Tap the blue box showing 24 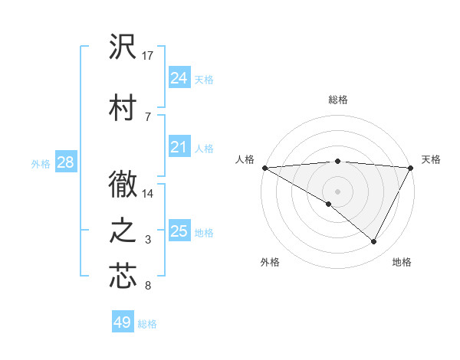point(179,78)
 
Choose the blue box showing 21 point(179,147)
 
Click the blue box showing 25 point(179,231)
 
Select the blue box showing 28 point(65,162)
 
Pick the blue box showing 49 point(123,322)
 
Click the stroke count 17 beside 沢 point(149,56)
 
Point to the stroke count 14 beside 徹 point(149,194)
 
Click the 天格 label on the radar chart point(431,159)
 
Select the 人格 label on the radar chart point(245,159)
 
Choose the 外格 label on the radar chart point(270,262)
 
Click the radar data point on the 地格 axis point(374,241)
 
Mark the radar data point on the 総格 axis point(337,161)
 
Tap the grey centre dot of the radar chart point(337,190)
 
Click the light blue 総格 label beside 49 point(147,324)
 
